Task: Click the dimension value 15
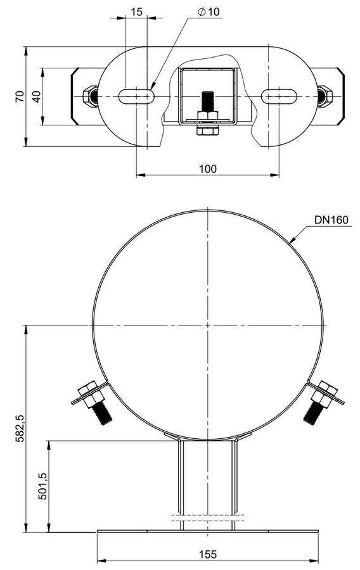(x=136, y=12)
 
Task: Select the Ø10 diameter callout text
(x=209, y=12)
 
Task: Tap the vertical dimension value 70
(x=20, y=96)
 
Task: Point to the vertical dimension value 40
(x=37, y=96)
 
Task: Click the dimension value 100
(x=208, y=168)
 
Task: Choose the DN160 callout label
(x=331, y=220)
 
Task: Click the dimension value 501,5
(x=43, y=486)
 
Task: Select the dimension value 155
(x=208, y=554)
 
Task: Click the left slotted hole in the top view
(x=136, y=96)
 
